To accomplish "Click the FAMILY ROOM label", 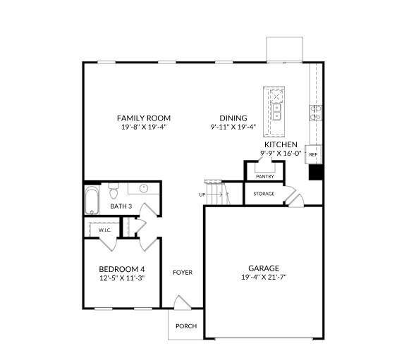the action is point(144,118).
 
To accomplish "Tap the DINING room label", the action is point(233,118).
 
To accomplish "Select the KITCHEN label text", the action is point(281,144).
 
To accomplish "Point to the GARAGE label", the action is point(264,268).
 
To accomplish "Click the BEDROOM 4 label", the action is point(122,269).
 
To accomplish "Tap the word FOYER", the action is point(183,272).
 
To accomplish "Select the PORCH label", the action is point(186,325).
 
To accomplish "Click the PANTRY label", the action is point(265,176).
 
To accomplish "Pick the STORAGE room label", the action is point(264,194).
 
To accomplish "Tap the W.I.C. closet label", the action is point(104,230).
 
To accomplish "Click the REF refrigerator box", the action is point(313,154).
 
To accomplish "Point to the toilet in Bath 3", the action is point(114,191).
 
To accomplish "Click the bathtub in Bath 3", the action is point(92,200).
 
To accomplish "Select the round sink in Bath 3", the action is point(144,189).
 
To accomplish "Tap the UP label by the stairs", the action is point(202,195).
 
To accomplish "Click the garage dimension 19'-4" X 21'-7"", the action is point(264,278).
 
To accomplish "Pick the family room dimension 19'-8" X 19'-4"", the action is point(144,127).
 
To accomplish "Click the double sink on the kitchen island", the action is point(276,112).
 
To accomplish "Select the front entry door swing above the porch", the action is point(183,302).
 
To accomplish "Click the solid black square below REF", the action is point(316,172).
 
